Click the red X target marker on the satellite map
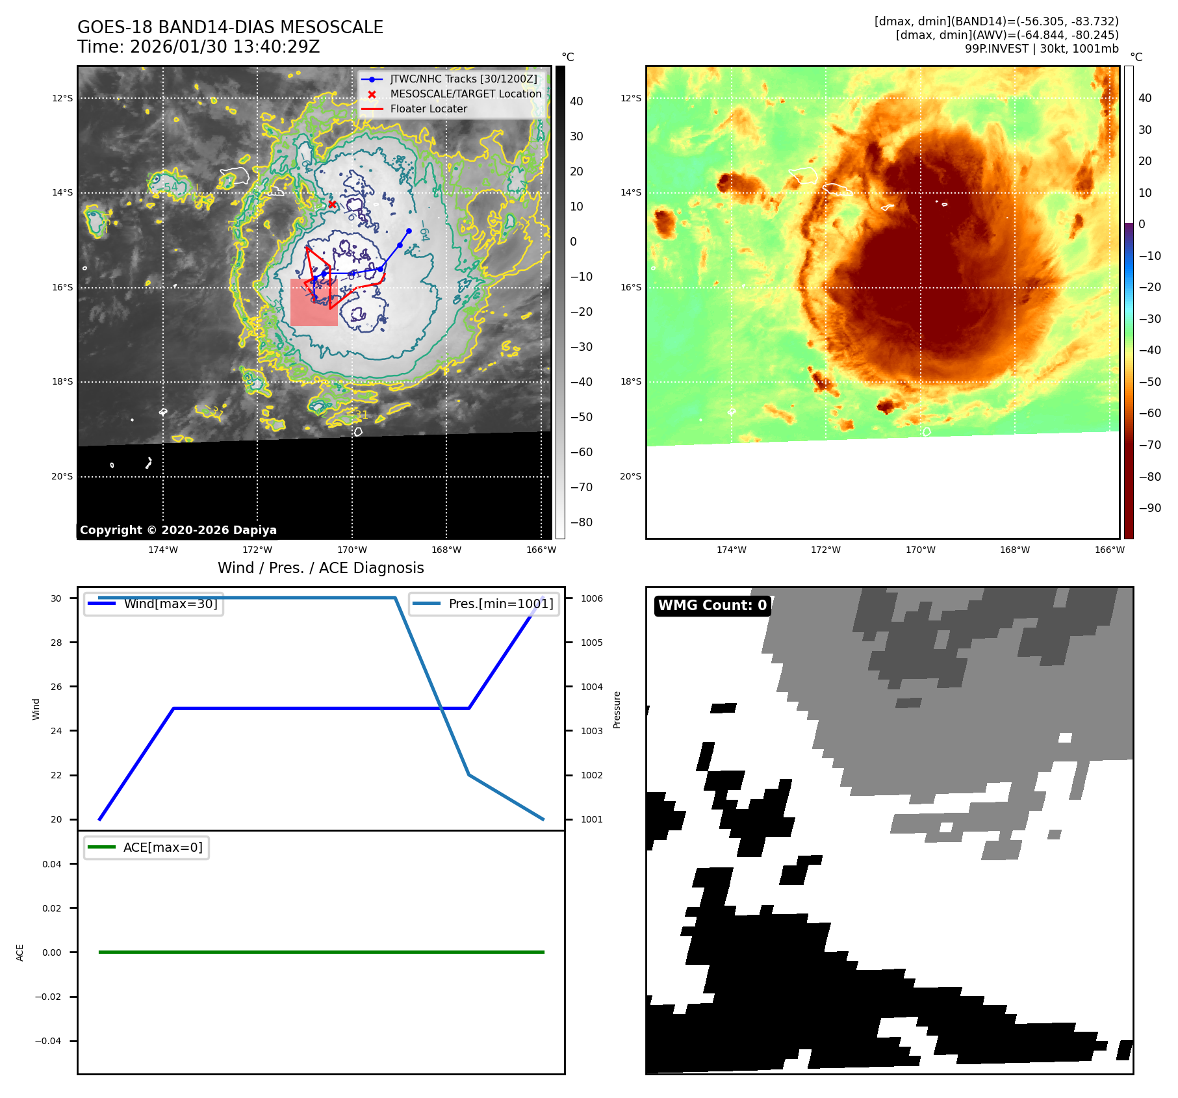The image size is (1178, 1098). coord(332,204)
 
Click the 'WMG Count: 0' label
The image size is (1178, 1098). coord(712,606)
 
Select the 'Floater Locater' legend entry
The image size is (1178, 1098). coord(428,109)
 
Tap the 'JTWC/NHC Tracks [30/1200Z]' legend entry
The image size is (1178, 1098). coord(463,79)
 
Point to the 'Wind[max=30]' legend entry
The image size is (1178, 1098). coord(170,604)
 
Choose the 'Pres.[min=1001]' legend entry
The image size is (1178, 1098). coord(500,604)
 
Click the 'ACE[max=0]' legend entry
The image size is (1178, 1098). coord(162,847)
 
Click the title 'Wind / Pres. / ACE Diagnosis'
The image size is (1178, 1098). coord(320,568)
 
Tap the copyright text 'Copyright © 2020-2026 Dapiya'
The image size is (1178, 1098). coord(178,530)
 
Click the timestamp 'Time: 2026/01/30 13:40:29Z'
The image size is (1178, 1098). coord(198,47)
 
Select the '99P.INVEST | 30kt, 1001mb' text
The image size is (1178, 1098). coord(1042,49)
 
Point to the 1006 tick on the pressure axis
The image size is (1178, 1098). coord(591,598)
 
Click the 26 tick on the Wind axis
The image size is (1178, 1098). coord(57,687)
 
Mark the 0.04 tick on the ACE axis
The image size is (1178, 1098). coord(52,864)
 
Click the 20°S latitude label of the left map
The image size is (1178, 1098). coord(62,477)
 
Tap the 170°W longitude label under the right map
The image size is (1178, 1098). coord(921,550)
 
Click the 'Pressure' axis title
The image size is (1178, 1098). coord(617,709)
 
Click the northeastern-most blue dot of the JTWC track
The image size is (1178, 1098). coord(409,231)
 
